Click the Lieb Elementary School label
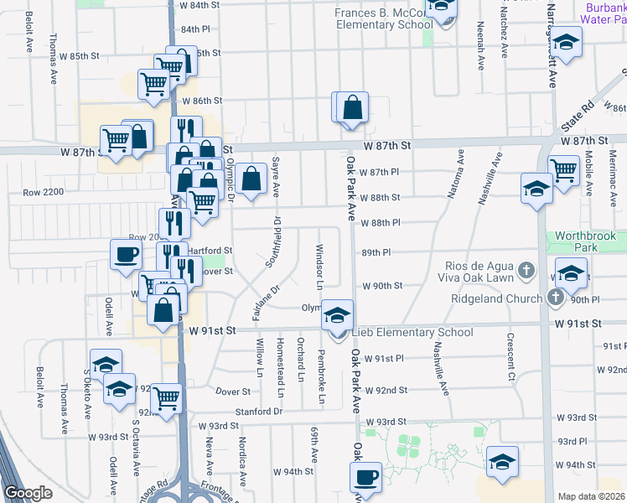tap(412, 333)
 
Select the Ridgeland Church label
tap(498, 298)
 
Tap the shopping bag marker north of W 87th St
tap(353, 108)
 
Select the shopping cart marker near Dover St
tap(167, 397)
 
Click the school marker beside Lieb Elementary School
tap(337, 315)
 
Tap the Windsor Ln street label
tap(319, 263)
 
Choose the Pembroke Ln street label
tap(321, 381)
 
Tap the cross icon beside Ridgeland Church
tap(554, 298)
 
